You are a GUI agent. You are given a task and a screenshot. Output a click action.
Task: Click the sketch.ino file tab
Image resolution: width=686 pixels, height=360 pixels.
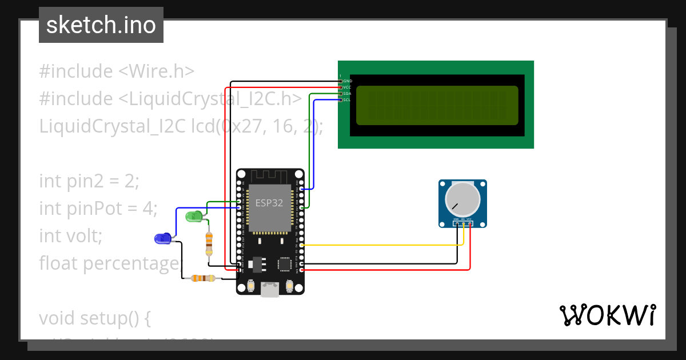coord(101,25)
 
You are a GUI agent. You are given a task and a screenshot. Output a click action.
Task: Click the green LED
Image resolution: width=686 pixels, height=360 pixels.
coord(194,216)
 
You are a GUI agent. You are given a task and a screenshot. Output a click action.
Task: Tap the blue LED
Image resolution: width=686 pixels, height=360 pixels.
coord(162,238)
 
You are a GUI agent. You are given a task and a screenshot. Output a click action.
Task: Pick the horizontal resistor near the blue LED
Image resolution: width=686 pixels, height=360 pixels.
coord(203,278)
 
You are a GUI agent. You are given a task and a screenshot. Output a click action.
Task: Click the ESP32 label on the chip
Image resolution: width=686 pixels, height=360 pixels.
coord(269,203)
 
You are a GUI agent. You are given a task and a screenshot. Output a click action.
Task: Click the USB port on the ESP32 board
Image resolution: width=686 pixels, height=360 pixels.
coord(270,290)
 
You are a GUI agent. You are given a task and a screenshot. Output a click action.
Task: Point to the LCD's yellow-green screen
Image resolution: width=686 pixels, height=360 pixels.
coord(437,105)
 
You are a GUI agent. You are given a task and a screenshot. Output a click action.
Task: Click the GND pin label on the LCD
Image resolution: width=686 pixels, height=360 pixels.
coord(348,81)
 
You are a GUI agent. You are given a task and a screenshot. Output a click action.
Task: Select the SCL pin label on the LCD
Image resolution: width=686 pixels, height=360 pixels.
coord(346,100)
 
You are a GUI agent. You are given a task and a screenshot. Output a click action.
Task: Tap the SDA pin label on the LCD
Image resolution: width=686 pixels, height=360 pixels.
coord(347,94)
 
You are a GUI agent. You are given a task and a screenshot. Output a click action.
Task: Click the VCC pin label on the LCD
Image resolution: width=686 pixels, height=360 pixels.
coord(347,87)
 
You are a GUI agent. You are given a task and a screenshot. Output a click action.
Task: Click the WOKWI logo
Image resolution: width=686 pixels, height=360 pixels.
coord(607,315)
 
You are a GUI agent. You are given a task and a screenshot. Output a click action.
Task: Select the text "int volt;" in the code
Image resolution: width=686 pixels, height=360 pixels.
coord(70,235)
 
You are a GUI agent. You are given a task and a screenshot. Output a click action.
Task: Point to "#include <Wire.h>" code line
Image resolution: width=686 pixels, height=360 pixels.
coord(117,71)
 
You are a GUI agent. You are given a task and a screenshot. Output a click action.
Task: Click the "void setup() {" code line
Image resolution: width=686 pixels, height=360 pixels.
coord(94,318)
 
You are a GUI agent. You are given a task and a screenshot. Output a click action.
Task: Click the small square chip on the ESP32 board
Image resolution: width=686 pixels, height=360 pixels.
coord(285,264)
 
